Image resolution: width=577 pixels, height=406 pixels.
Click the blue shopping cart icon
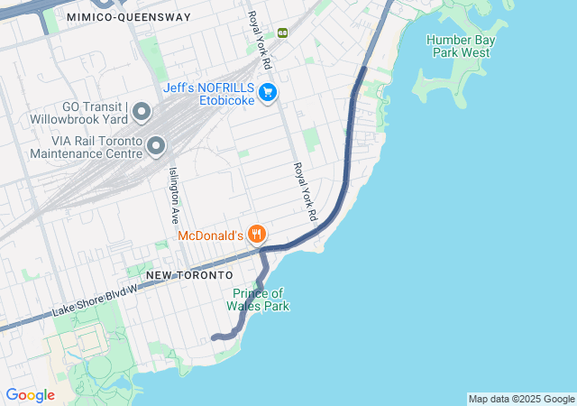pos(267,92)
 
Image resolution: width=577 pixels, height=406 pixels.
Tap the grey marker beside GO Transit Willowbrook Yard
pos(142,111)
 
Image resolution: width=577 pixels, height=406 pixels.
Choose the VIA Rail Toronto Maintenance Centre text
pos(85,148)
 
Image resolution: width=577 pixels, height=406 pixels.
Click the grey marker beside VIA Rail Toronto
pos(156,145)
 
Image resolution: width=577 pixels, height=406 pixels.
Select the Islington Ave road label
pos(172,195)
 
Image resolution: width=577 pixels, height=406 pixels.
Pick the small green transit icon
pos(282,32)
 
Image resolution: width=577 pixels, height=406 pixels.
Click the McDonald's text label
pos(210,235)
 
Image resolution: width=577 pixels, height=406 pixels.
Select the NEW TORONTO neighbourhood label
pos(189,274)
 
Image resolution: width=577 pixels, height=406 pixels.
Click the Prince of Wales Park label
pos(261,300)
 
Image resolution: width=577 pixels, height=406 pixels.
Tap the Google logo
pos(30,395)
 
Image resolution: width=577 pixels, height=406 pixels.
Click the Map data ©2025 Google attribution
pos(521,399)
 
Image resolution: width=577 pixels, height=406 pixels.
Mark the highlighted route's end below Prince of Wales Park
pos(214,337)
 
